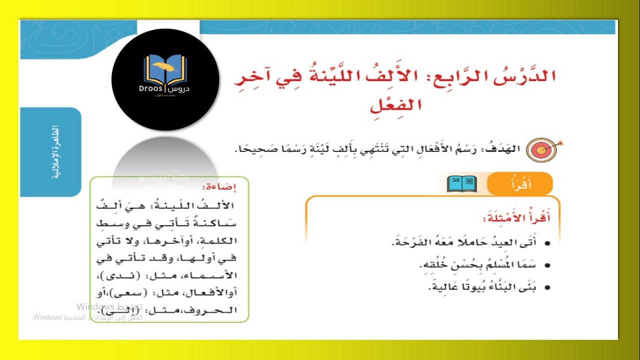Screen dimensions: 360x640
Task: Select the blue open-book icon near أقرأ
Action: pyautogui.click(x=461, y=183)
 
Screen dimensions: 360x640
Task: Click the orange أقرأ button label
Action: pyautogui.click(x=520, y=184)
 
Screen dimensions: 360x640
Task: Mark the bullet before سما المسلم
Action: pyautogui.click(x=547, y=265)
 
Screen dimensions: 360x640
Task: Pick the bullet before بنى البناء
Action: pyautogui.click(x=547, y=287)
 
